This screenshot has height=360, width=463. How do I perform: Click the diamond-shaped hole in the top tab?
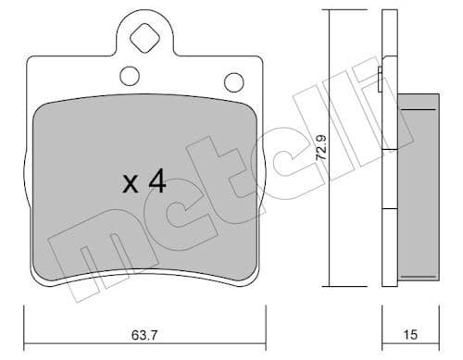pos(144,40)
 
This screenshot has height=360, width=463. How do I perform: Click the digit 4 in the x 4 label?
pos(156,182)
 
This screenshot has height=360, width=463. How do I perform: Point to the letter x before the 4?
pos(131,184)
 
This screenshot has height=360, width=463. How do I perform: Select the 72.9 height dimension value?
pos(322,149)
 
